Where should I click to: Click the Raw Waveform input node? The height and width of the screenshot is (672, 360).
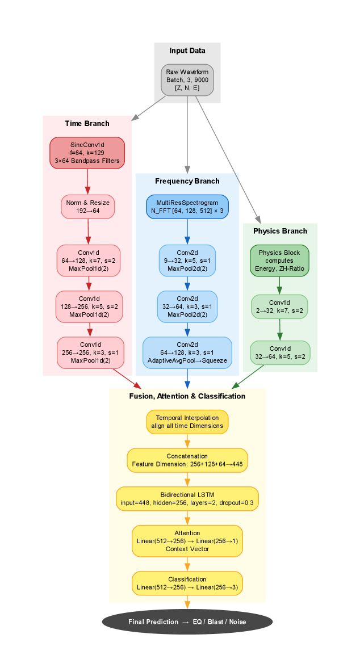[187, 80]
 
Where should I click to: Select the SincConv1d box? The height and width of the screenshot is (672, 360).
[87, 153]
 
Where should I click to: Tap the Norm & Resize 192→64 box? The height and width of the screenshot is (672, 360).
[87, 207]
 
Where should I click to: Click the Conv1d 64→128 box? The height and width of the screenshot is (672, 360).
[88, 261]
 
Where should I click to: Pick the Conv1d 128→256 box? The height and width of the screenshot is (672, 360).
[89, 306]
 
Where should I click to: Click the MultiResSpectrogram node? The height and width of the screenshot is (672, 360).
[187, 206]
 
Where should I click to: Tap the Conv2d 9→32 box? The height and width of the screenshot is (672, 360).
[187, 261]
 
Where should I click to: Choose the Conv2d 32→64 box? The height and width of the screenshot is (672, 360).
[187, 306]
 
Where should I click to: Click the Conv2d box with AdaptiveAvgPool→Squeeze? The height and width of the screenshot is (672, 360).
[187, 352]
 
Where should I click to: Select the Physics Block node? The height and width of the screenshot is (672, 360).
[279, 261]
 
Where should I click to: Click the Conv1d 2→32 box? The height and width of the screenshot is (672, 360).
[279, 306]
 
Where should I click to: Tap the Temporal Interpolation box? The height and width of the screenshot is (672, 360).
[187, 422]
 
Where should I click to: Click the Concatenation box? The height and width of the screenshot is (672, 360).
[187, 460]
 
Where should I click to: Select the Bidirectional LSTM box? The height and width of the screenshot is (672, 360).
[187, 499]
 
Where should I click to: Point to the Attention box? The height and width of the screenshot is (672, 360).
[187, 541]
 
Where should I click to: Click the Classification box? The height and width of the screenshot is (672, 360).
[187, 583]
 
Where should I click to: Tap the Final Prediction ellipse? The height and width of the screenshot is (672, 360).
[187, 621]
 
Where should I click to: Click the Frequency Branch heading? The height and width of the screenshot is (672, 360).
[187, 181]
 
